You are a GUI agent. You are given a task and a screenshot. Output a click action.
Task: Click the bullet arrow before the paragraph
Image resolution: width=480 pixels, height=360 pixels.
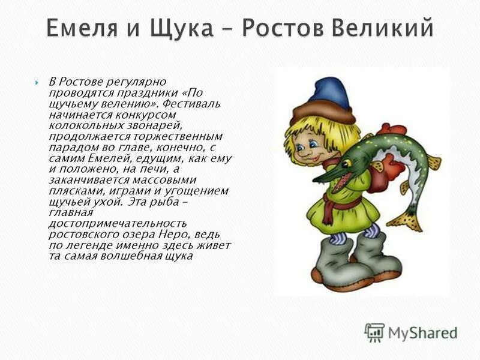[x=37, y=82]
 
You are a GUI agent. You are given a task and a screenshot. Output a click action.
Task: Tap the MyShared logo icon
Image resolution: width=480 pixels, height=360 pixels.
[x=374, y=332]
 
